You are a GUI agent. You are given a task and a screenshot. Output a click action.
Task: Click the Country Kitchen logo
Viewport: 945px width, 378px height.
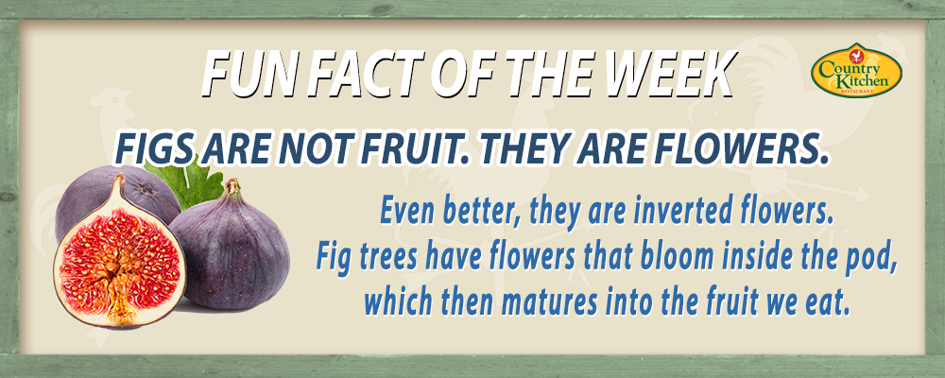pos(856,70)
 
